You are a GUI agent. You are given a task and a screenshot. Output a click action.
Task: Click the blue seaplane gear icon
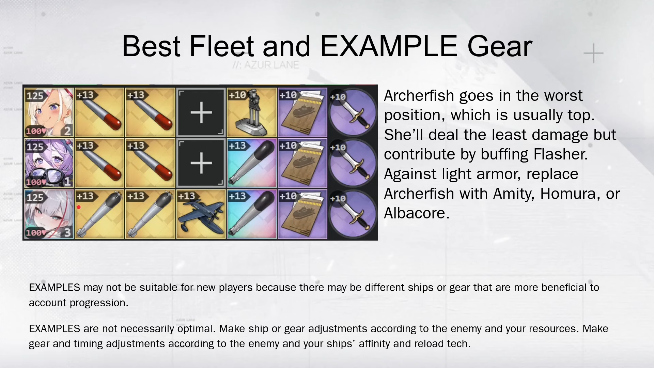(201, 214)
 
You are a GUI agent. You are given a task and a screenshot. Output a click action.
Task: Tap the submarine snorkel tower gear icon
(252, 113)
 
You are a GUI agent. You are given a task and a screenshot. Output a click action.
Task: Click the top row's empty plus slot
(201, 113)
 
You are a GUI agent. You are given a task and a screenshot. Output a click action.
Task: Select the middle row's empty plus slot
(201, 163)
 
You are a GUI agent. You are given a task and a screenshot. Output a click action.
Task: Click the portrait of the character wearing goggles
(49, 163)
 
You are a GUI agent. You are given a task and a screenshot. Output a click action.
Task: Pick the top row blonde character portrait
(49, 113)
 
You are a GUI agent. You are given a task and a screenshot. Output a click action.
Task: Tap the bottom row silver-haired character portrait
(49, 214)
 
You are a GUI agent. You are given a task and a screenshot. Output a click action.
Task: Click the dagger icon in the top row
(353, 113)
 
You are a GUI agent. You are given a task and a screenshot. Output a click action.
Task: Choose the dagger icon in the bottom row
(353, 214)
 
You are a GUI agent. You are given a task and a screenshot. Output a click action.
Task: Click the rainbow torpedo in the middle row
(252, 163)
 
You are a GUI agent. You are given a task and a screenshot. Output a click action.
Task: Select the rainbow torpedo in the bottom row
(252, 214)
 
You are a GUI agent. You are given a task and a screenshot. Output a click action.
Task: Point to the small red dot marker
(79, 207)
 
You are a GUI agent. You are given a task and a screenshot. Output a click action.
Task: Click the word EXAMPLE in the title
(389, 46)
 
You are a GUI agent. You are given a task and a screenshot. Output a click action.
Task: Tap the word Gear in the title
(500, 46)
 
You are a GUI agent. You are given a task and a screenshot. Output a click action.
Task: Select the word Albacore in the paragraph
(417, 213)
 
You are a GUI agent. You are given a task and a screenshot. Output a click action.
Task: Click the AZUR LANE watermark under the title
(266, 65)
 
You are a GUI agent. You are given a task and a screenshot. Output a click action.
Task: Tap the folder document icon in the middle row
(302, 163)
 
